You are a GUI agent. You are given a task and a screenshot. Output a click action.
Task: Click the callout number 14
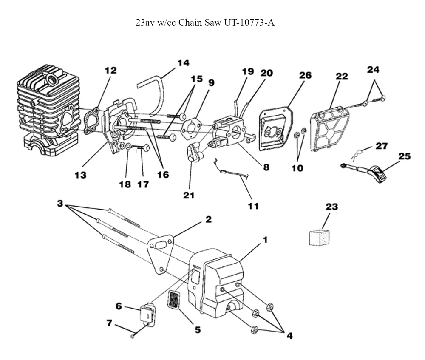point(183,63)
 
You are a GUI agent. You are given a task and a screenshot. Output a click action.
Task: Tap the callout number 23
point(331,207)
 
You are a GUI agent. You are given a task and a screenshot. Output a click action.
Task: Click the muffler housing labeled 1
point(219,281)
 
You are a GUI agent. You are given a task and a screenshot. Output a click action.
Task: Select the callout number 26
point(305,75)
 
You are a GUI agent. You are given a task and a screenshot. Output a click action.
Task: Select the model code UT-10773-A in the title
point(249,23)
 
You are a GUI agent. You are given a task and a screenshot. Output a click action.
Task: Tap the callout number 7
point(109,323)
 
